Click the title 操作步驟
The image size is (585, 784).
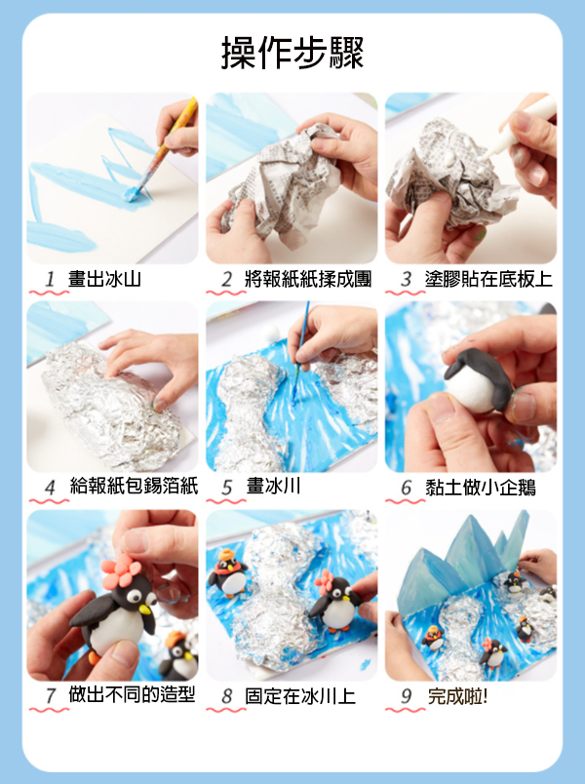click(x=292, y=53)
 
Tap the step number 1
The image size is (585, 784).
click(x=50, y=279)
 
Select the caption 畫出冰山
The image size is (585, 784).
click(x=104, y=279)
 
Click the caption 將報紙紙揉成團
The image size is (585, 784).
click(x=308, y=279)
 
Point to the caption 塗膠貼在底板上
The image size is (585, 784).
click(x=488, y=279)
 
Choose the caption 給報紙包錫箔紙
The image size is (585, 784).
click(x=134, y=486)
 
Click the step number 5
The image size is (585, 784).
click(x=227, y=487)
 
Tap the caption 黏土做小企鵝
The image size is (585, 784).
click(x=481, y=487)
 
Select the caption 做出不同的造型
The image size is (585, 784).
click(x=132, y=694)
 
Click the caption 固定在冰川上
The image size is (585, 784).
click(x=300, y=696)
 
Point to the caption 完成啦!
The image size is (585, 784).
click(x=457, y=696)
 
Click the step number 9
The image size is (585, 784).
click(x=406, y=696)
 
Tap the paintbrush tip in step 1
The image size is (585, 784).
click(x=133, y=195)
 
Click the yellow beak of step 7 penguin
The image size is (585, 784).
click(x=144, y=609)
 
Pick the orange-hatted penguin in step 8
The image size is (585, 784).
click(x=228, y=573)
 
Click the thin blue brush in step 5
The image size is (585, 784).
click(x=300, y=350)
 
